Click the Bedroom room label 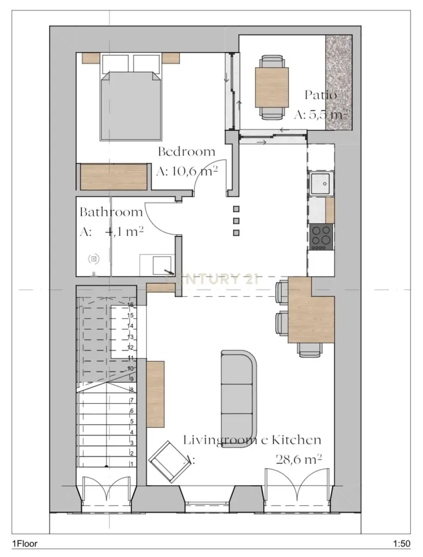(x=187, y=152)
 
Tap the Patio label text (x=321, y=95)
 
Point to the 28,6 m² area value (x=298, y=459)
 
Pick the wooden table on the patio (x=272, y=87)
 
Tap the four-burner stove (x=321, y=236)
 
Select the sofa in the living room (x=239, y=391)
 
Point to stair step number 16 (x=130, y=305)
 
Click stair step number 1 (x=131, y=464)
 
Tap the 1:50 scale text (x=401, y=544)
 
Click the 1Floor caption (x=25, y=544)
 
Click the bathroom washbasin (x=159, y=264)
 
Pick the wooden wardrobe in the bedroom (x=113, y=177)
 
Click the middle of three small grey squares (x=236, y=221)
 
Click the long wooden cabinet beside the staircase (x=156, y=394)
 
